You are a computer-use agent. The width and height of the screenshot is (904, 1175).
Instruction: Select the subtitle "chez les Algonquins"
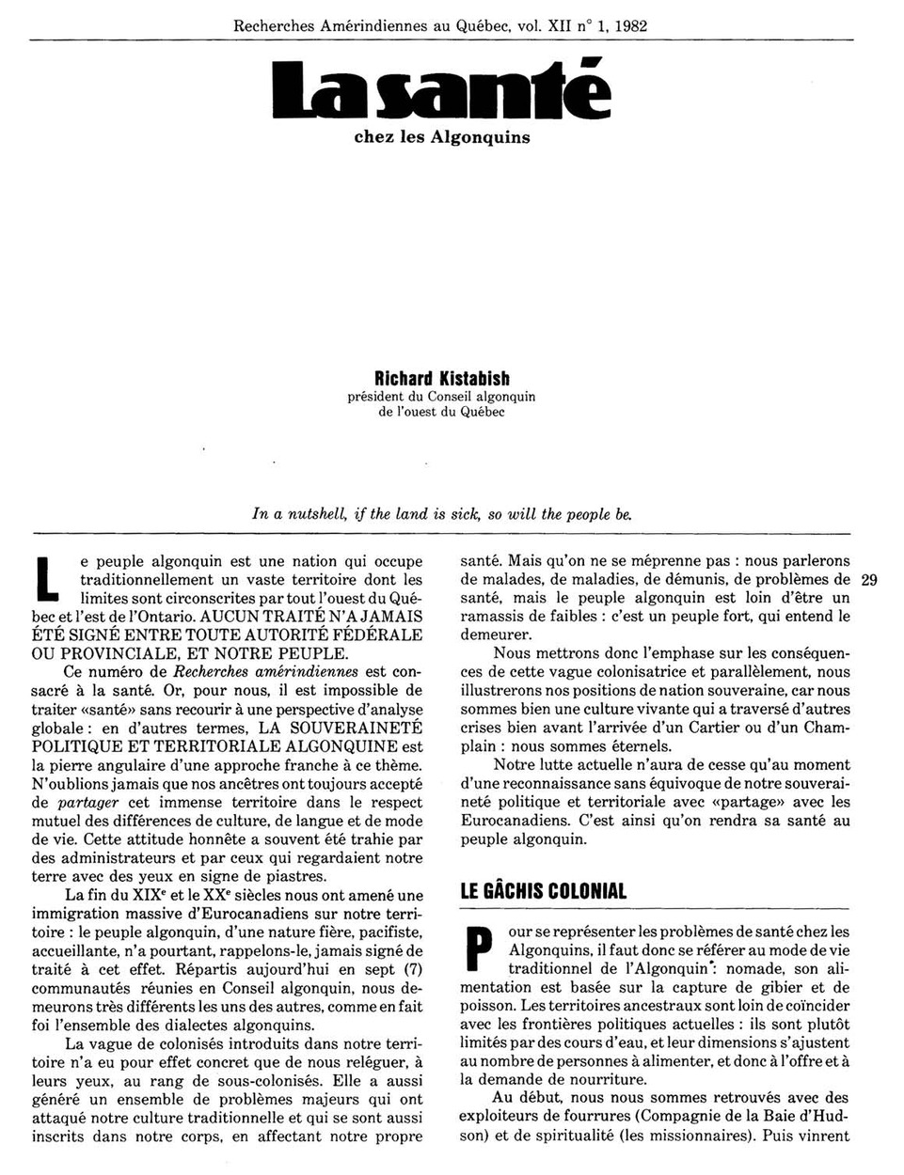click(x=441, y=137)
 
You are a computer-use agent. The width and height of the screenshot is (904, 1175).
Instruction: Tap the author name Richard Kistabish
click(x=441, y=379)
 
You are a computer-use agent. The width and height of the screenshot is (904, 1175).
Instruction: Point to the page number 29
click(x=868, y=580)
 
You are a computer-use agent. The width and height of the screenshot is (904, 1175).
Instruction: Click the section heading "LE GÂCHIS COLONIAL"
click(x=544, y=891)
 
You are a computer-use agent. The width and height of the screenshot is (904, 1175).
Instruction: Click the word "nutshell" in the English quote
click(x=317, y=514)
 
